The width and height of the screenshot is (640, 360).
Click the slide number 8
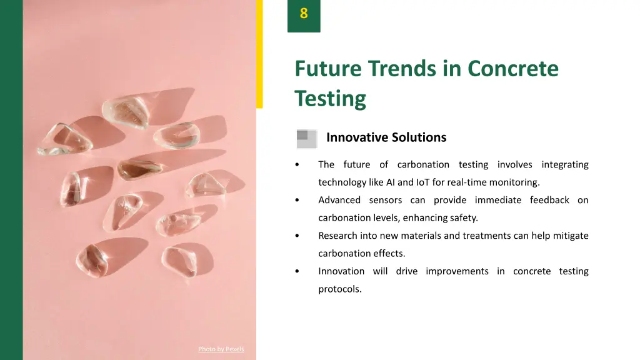(x=304, y=13)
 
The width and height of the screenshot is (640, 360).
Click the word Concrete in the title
(x=512, y=68)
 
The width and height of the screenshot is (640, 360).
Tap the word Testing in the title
(x=330, y=98)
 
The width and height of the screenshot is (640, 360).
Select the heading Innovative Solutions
(x=386, y=137)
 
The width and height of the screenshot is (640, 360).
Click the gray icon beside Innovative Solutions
(x=306, y=139)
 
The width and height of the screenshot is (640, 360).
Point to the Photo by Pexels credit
(x=221, y=349)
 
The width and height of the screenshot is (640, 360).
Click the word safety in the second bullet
(x=464, y=218)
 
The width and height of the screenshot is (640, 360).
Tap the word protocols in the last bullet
(x=339, y=289)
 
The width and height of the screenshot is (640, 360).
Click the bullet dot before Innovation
(x=297, y=271)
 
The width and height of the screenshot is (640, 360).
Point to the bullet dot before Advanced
(x=297, y=201)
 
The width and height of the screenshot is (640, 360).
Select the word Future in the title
(x=328, y=68)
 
